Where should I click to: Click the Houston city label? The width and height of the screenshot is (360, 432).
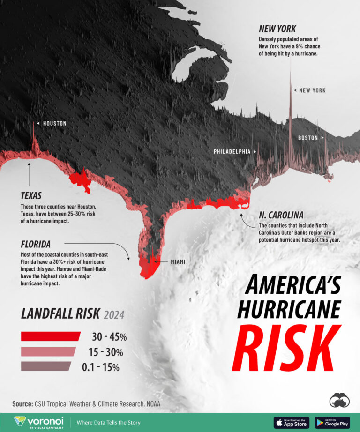coord(54,124)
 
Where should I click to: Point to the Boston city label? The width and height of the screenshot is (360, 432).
coord(308,138)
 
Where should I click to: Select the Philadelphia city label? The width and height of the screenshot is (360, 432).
coord(232,152)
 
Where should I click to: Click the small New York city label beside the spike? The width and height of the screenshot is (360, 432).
coord(312,90)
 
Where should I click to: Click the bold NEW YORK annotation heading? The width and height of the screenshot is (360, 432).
coord(277,29)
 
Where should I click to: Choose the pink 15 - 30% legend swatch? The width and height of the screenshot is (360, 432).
coord(48,351)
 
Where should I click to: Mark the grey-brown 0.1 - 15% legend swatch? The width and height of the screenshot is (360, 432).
coord(46,366)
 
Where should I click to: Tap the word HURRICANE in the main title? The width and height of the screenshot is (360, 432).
coord(289,310)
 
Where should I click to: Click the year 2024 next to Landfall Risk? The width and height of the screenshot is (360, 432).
coord(114,314)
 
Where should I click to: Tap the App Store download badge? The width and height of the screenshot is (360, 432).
coord(292,422)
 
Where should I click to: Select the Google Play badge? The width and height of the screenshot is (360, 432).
coord(332,422)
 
